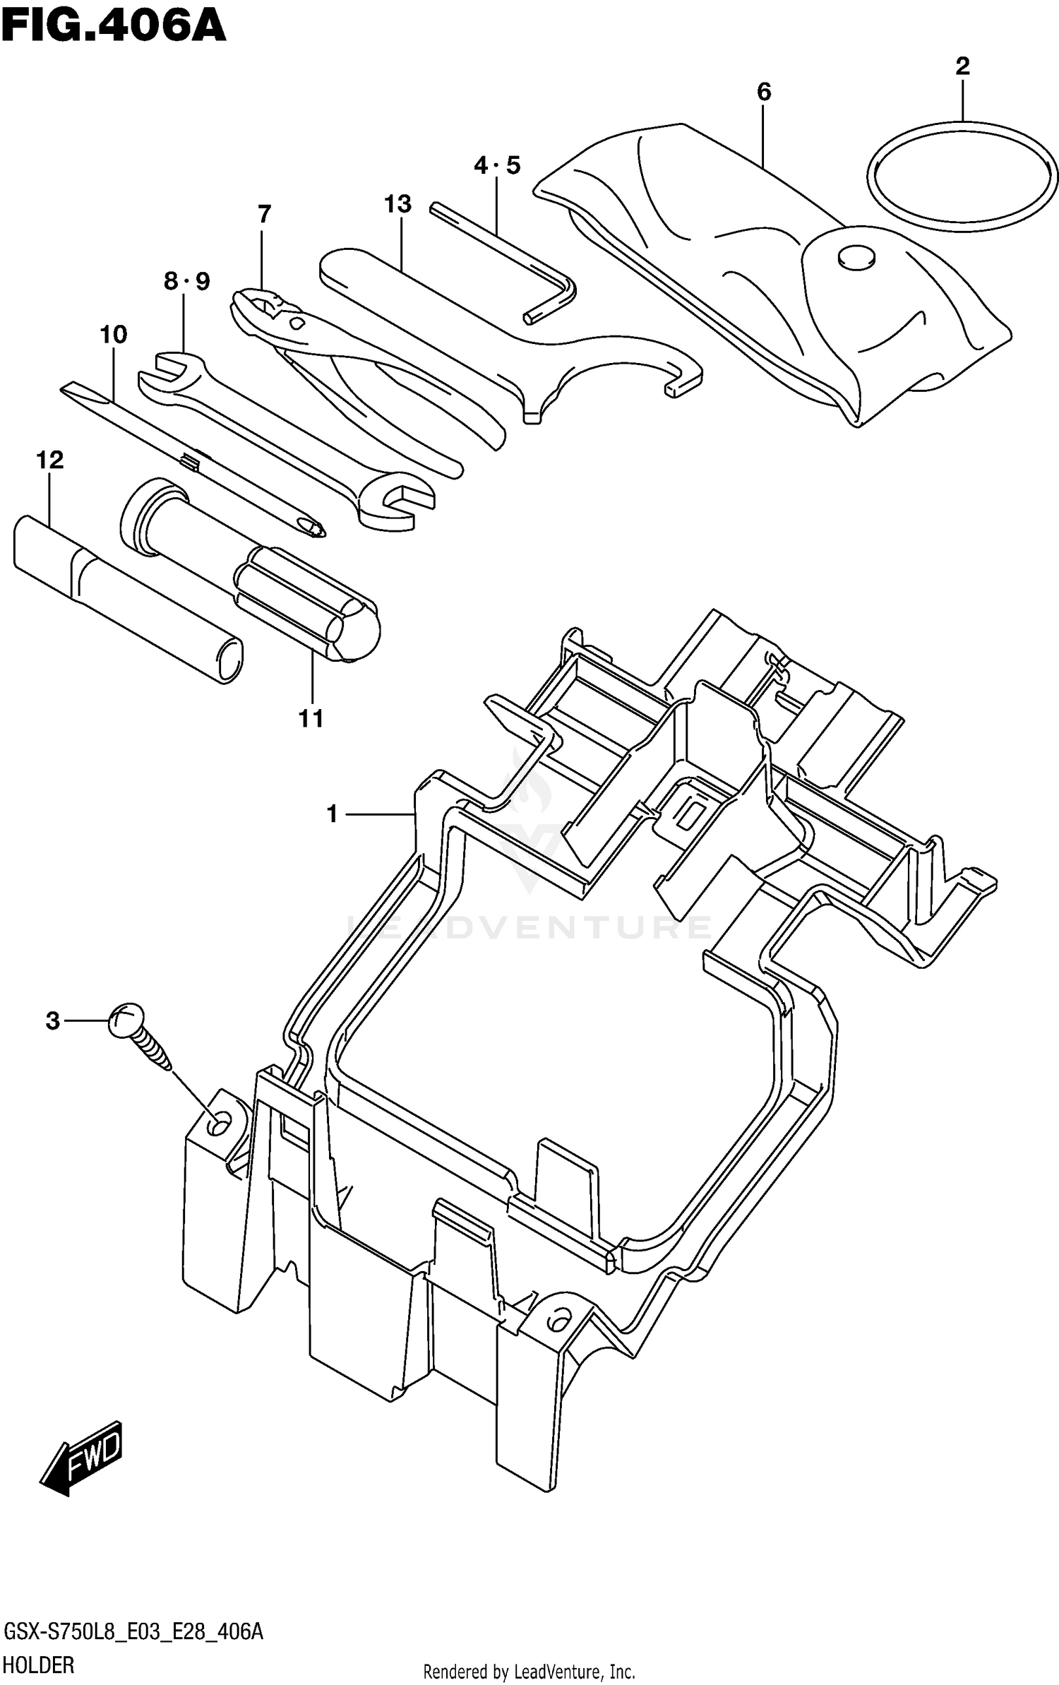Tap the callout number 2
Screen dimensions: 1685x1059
pos(962,67)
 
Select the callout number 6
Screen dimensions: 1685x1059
pos(764,92)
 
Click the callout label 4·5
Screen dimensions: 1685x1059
pos(496,166)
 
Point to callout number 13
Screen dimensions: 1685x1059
pos(397,204)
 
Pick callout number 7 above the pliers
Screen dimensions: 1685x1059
pos(264,214)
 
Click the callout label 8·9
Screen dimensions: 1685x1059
pos(186,282)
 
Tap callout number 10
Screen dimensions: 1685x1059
pos(113,334)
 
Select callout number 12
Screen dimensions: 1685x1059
pos(49,460)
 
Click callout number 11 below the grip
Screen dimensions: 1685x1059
pos(311,719)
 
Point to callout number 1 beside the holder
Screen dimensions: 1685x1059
pos(333,814)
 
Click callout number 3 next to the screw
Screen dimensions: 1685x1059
pos(53,1021)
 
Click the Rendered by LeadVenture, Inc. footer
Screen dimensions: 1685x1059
pos(529,1672)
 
